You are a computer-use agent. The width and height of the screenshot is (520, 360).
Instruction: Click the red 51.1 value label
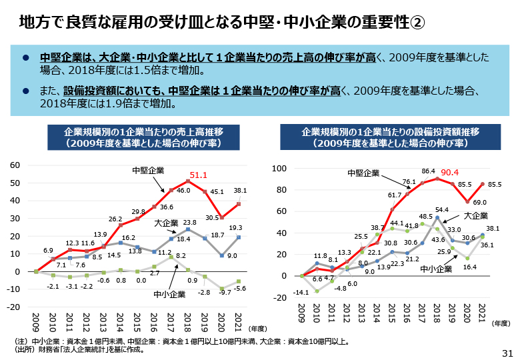coord(199,176)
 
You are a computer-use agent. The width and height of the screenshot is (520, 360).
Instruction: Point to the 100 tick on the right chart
coord(278,169)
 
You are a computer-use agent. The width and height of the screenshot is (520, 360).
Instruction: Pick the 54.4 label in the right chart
coord(441,210)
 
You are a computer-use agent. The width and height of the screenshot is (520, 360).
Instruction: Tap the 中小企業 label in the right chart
coord(436,269)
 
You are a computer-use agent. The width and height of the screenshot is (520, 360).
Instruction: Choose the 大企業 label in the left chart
coord(165,223)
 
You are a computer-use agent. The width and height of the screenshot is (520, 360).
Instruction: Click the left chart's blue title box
coord(134,137)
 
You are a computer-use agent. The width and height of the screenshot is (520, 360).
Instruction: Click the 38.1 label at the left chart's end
coord(240,191)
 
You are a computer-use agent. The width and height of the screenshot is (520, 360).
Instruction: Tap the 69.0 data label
coord(480,202)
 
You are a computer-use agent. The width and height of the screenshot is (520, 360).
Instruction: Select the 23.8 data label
coord(190,223)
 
